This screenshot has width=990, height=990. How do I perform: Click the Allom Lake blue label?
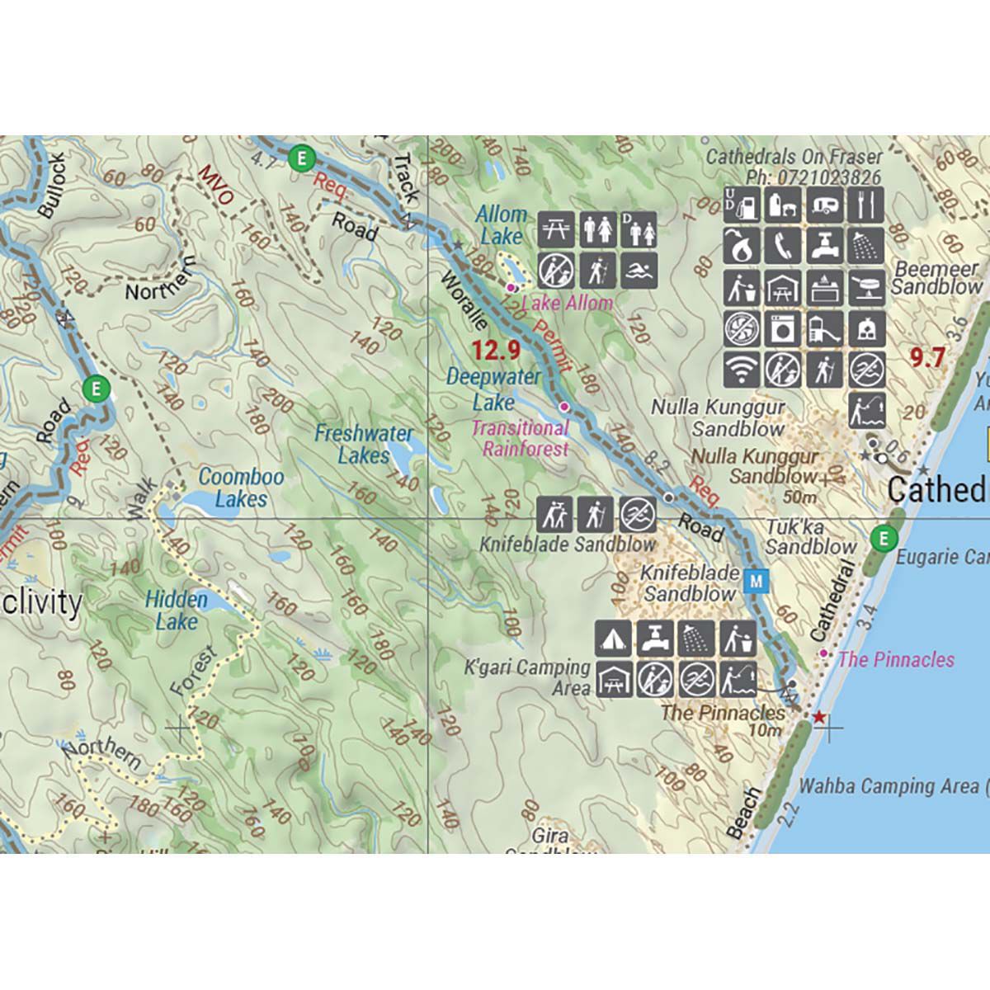(x=501, y=225)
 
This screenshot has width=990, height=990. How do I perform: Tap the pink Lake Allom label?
(x=568, y=303)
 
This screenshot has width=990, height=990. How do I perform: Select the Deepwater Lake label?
(x=493, y=389)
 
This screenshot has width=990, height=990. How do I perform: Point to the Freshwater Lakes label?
(x=364, y=444)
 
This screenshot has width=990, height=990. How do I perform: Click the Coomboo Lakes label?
(x=241, y=488)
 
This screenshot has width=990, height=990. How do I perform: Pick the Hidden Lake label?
(x=177, y=610)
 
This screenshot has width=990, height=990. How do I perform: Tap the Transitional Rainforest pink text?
(x=521, y=438)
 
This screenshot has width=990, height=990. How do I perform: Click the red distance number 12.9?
(x=496, y=351)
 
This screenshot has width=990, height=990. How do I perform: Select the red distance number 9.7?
(x=926, y=357)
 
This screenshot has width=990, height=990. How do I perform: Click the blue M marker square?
(x=757, y=582)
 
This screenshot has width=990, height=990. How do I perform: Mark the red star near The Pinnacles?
(x=818, y=718)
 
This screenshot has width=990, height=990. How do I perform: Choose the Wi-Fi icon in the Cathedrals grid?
(x=742, y=370)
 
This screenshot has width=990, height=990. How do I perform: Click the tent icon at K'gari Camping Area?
(x=614, y=639)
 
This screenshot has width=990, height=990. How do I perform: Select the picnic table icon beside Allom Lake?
(x=556, y=229)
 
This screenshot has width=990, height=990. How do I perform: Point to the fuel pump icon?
(x=742, y=205)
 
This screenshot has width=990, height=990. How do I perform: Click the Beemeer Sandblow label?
(x=937, y=278)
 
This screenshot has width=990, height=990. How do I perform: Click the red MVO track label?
(x=216, y=186)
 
